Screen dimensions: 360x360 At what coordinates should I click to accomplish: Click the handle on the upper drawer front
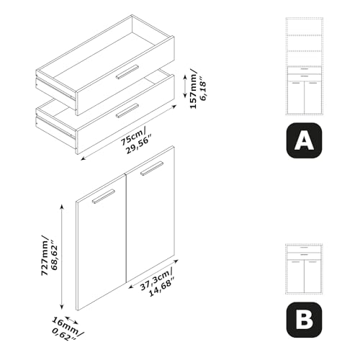click(x=127, y=72)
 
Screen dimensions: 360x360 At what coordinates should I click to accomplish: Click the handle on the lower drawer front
click(x=127, y=111)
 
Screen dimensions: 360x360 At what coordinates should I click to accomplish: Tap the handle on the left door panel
click(x=104, y=197)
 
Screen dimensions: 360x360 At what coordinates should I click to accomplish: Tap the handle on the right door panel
click(x=152, y=168)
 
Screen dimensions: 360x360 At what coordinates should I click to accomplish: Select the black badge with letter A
click(x=304, y=140)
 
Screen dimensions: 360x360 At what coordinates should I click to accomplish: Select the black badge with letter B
click(x=304, y=320)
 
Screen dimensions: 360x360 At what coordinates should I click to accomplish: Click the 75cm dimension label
click(x=133, y=138)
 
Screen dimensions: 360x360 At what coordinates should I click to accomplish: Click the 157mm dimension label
click(x=193, y=89)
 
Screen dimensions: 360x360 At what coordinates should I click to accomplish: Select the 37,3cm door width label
click(x=156, y=279)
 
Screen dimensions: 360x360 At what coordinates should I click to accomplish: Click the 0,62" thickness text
click(x=63, y=334)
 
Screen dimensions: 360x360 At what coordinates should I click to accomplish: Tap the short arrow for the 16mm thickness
click(x=71, y=320)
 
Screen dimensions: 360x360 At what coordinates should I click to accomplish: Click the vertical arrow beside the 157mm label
click(x=185, y=86)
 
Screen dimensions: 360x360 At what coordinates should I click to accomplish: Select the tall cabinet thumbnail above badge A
click(x=304, y=66)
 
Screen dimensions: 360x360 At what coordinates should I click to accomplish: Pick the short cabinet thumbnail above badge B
click(x=304, y=269)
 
